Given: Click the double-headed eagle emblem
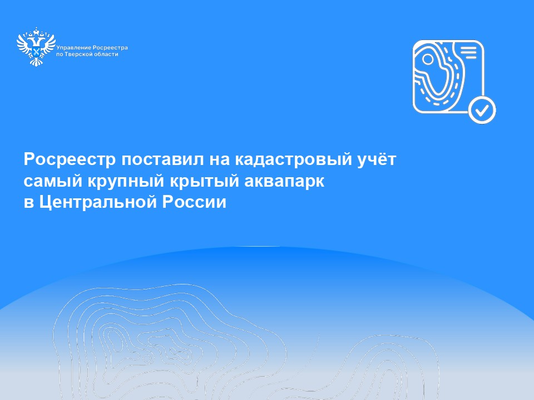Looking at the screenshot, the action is [x=36, y=47].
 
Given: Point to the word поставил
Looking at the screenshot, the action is [x=162, y=159].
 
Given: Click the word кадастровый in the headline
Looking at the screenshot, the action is [x=293, y=160].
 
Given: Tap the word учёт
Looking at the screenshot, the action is [x=377, y=159].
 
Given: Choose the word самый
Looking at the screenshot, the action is [x=53, y=181].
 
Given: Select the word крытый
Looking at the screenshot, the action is [x=204, y=181].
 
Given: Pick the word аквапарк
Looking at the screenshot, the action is [x=284, y=181].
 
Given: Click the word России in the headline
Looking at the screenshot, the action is [x=194, y=202].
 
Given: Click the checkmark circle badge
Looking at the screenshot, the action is [x=482, y=110].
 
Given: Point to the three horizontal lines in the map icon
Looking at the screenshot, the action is [x=468, y=53].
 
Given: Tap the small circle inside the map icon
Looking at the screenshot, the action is [x=428, y=59].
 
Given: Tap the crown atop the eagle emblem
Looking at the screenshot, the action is [x=36, y=31].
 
